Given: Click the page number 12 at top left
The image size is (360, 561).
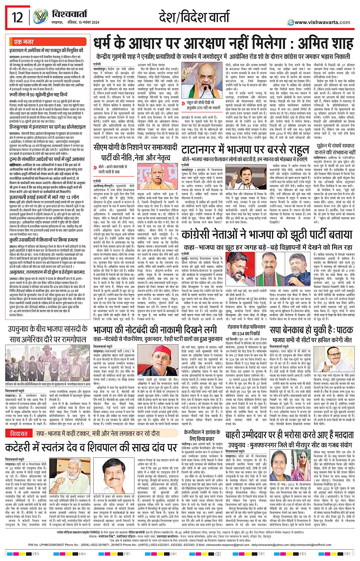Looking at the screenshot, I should pyautogui.click(x=18, y=18).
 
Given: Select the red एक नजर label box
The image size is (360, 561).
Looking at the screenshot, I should pyautogui.click(x=24, y=42).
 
